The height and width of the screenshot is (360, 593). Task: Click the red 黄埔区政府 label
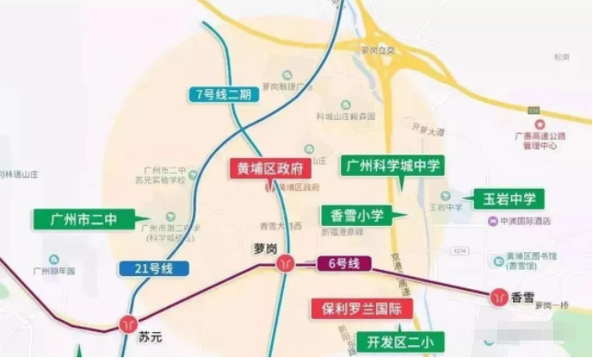click(270, 168)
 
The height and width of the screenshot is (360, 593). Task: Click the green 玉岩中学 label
click(508, 198)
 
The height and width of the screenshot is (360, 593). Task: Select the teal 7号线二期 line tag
click(224, 95)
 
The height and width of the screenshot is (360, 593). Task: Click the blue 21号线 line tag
click(154, 269)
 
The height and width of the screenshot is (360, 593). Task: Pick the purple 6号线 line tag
click(345, 264)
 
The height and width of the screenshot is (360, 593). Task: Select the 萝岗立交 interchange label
click(377, 50)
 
